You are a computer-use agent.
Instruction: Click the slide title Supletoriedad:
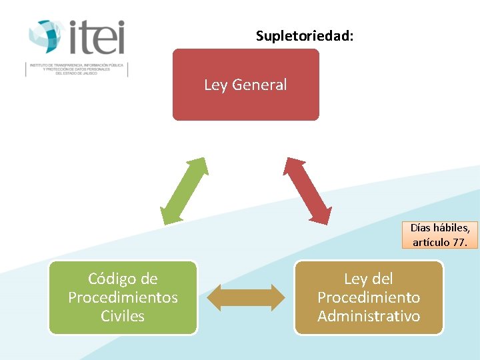[305, 36]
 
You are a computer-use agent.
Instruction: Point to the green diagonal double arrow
[184, 191]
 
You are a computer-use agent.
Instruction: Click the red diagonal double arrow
[307, 191]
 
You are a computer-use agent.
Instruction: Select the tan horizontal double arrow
[245, 297]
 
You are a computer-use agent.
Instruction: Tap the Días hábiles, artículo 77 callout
[440, 235]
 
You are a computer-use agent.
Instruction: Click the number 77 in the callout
[459, 242]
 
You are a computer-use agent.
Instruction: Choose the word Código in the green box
[113, 279]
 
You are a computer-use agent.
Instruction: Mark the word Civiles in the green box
[123, 316]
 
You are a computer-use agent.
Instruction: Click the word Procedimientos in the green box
[123, 297]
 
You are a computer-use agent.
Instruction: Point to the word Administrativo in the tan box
[369, 316]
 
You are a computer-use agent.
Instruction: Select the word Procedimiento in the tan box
[369, 297]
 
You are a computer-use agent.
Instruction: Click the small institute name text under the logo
[76, 69]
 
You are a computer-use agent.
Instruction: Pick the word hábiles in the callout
[453, 228]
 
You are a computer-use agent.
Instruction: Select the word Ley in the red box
[215, 85]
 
